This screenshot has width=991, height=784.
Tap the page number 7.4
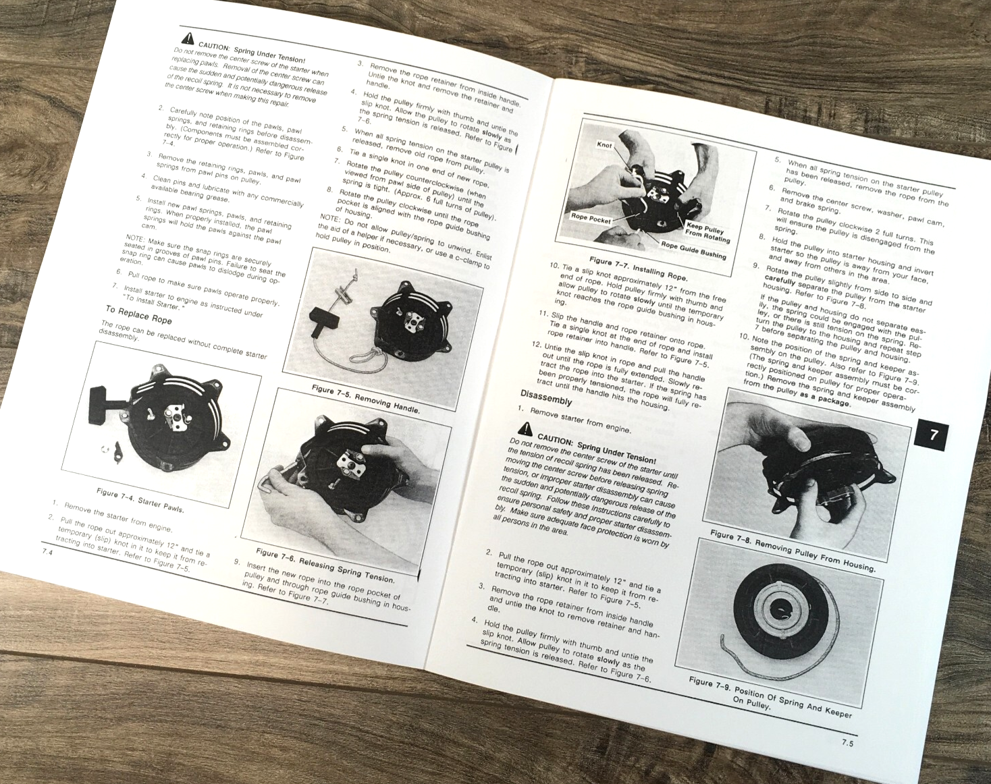pos(47,552)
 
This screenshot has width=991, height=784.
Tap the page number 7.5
pos(847,743)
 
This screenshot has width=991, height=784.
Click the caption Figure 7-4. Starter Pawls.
pos(140,500)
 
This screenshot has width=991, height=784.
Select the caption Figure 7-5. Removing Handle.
pos(365,399)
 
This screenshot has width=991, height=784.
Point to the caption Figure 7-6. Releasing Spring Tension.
pos(325,565)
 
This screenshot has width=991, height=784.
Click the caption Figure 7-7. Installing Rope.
pos(638,269)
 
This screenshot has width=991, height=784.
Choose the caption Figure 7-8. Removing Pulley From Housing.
pos(792,550)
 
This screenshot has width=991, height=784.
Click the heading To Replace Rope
pos(138,314)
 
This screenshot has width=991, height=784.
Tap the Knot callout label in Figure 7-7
pos(604,145)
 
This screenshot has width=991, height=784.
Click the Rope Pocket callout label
pos(591,218)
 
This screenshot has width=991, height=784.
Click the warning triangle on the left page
pos(187,38)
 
